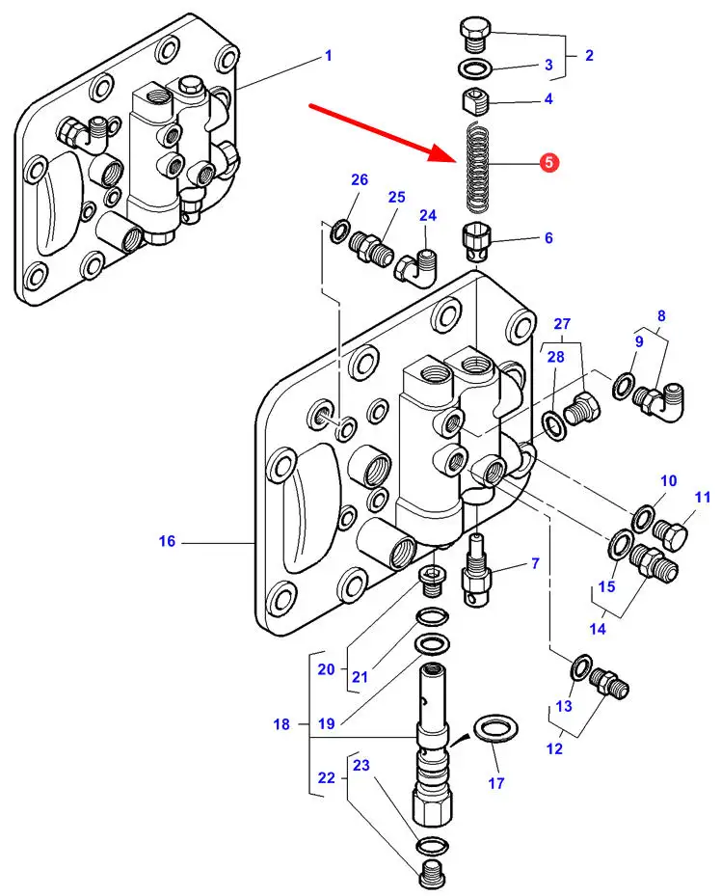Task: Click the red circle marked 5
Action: pyautogui.click(x=548, y=163)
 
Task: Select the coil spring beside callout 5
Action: pyautogui.click(x=478, y=170)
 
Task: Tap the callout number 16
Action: pyautogui.click(x=168, y=542)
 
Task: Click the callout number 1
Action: pyautogui.click(x=328, y=56)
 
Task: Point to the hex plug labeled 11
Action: pyautogui.click(x=672, y=534)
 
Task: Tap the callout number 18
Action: pyautogui.click(x=281, y=723)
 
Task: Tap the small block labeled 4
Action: pyautogui.click(x=477, y=99)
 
